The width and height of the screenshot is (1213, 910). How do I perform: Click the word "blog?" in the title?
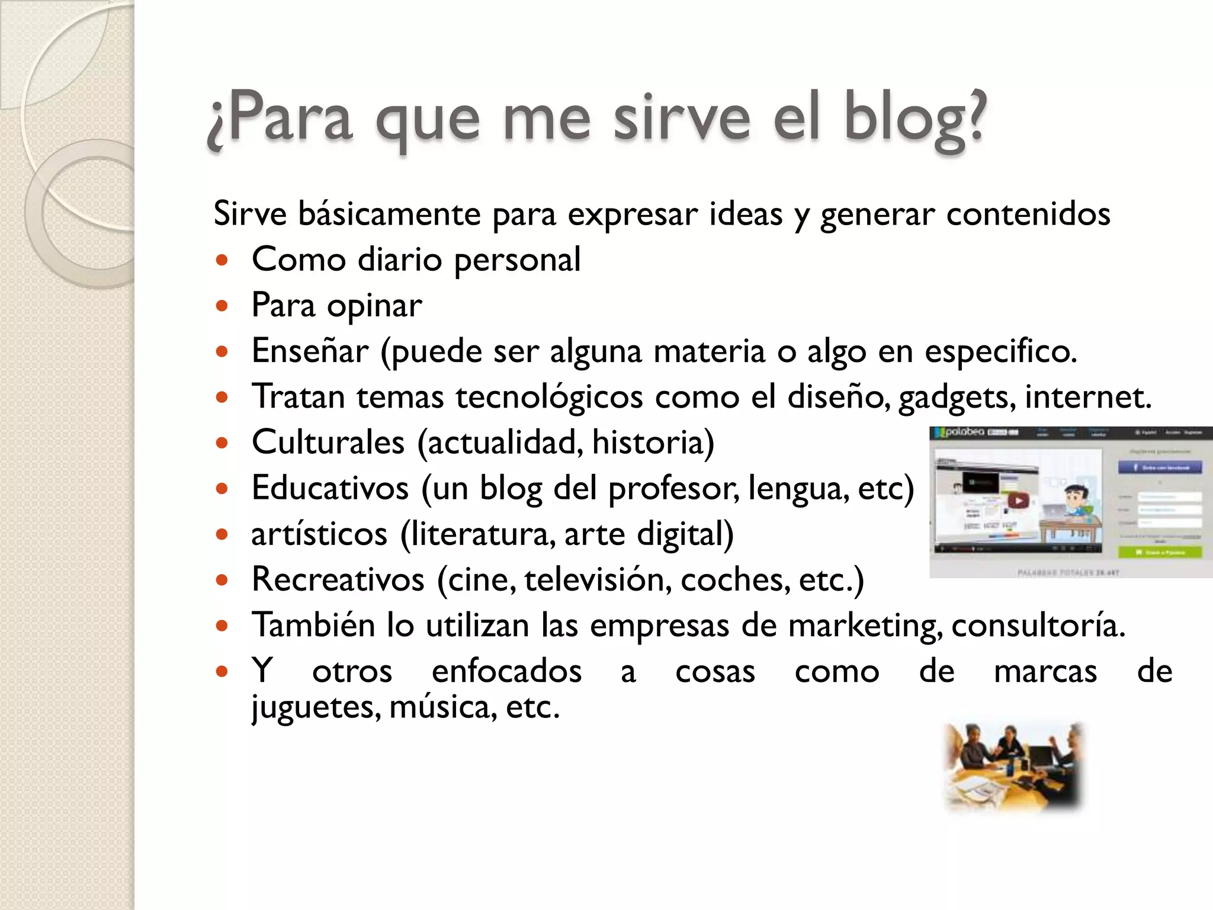(x=915, y=118)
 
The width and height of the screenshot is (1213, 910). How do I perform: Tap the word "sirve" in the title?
(x=682, y=118)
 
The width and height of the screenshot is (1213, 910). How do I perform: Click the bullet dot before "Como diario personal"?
(x=222, y=259)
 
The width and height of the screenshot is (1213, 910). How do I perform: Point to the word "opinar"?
(x=374, y=306)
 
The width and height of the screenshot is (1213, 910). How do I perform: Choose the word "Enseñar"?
(x=310, y=351)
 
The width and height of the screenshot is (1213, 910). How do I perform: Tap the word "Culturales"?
(x=328, y=442)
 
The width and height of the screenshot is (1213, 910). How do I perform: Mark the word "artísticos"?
(x=319, y=534)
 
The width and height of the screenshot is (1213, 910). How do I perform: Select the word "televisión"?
(x=598, y=579)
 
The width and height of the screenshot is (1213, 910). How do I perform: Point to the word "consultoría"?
(x=1038, y=626)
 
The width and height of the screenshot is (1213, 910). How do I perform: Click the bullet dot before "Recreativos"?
(x=222, y=579)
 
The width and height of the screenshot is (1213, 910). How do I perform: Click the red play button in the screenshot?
(x=1019, y=501)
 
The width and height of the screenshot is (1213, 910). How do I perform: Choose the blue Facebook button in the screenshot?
(x=1160, y=467)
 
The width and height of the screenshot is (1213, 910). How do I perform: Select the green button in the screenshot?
(x=1160, y=552)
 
